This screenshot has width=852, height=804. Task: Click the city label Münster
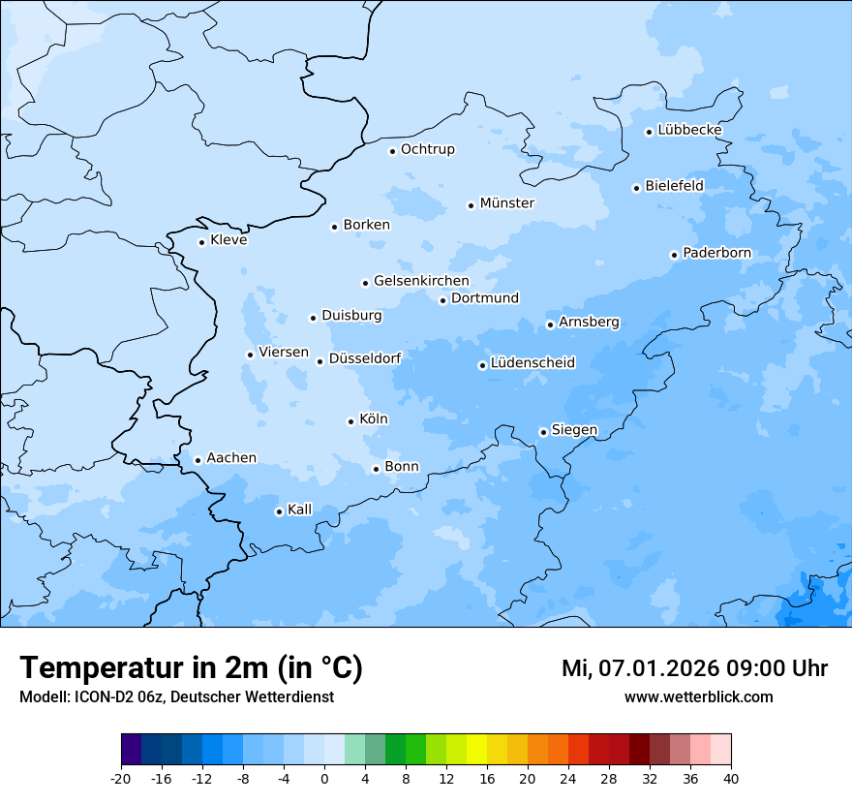coord(507,203)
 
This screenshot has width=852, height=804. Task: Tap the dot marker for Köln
coord(350,421)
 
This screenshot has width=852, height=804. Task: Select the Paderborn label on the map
coord(716,254)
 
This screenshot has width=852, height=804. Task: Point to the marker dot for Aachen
coord(198,461)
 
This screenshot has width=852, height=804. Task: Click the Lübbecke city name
coord(689,130)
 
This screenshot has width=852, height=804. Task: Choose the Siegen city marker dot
coord(543,433)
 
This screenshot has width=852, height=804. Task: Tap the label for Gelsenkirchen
coord(421,281)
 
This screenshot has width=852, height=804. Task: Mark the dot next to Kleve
coord(201,242)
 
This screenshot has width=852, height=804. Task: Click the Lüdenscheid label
coord(532,363)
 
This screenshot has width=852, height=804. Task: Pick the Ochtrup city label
coord(427,149)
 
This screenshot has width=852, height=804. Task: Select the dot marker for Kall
coord(279,511)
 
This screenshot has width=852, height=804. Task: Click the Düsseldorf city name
coord(365,358)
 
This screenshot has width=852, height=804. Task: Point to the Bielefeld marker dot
coord(636,188)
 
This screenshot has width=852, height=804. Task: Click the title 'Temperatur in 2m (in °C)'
coord(192,668)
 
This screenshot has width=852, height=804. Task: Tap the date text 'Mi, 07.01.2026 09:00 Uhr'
coord(694,668)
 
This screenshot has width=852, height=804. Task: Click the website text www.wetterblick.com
coord(698,696)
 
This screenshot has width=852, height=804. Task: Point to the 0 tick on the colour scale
coord(324,778)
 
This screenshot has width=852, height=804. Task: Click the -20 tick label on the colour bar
coord(121,778)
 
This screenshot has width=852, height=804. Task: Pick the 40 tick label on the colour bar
coord(731,778)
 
